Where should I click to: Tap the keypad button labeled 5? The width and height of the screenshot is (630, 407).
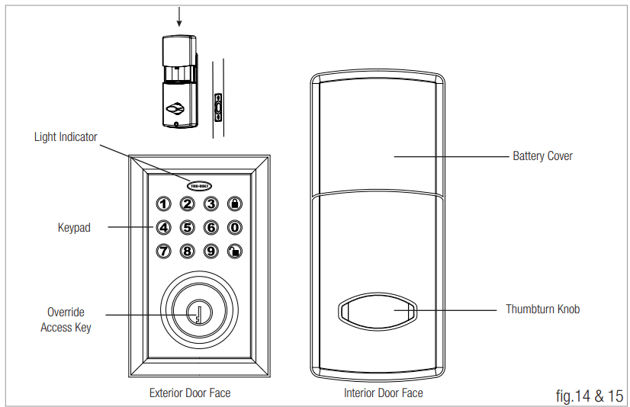pos(187,227)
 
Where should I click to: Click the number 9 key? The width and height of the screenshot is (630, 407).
pos(211,251)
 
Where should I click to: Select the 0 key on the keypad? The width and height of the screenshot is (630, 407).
pos(235,227)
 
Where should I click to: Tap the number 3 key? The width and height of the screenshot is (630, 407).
pos(211,203)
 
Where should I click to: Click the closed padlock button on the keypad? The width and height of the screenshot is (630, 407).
pos(235,203)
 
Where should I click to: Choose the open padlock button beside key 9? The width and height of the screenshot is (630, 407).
pos(235,251)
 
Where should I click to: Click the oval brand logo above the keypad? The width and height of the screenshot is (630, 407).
pos(200,184)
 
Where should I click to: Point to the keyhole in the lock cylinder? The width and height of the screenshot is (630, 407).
pos(198,313)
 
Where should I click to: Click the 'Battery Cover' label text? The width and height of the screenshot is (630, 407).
pos(542,156)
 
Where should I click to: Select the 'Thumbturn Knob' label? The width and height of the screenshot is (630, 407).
pos(542,309)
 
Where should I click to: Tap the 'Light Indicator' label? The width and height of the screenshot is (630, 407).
pos(66,137)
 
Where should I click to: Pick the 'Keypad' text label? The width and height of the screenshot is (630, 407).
pos(74,227)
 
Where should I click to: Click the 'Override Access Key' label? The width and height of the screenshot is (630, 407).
pos(66,320)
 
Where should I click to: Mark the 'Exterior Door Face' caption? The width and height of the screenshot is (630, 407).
pos(190,393)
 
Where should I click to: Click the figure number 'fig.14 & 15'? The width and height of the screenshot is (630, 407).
pos(590,396)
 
